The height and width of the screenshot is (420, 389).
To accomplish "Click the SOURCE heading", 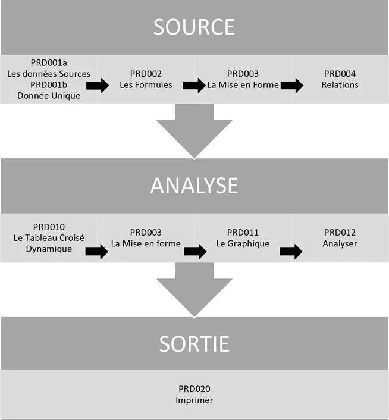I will tap(194, 27).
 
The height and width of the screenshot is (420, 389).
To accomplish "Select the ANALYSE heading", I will tap(194, 186).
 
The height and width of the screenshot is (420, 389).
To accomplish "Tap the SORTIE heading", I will tap(194, 344).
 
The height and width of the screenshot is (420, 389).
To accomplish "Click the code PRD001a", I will tap(49, 63).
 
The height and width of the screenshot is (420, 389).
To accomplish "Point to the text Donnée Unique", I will tap(49, 96).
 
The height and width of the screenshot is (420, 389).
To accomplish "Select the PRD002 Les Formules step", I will tap(146, 79).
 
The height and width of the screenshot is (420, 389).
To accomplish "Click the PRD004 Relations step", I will tap(340, 79).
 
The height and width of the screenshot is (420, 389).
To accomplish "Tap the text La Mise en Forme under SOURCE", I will tap(243, 85).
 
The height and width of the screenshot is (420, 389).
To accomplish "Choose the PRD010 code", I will tap(49, 227).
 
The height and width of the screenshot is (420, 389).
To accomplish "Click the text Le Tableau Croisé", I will tap(49, 238).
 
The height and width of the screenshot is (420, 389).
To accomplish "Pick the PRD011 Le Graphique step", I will tap(243, 238).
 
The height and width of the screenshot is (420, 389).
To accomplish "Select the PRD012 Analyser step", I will tap(340, 238).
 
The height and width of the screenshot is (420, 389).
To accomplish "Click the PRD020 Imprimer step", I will tap(194, 394).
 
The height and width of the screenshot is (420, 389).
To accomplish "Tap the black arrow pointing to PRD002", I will tap(98, 86).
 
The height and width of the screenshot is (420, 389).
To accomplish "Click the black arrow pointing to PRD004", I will tap(291, 86).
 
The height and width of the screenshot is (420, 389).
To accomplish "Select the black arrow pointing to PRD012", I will tap(291, 251).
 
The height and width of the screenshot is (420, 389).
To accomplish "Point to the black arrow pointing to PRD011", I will tap(194, 251).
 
